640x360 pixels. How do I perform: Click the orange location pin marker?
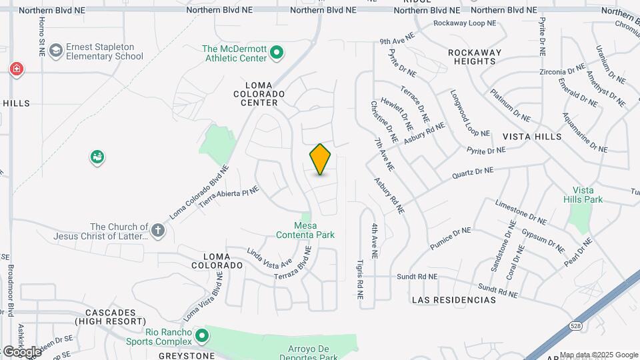(320, 159)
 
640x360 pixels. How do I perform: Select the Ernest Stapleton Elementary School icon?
(55, 50)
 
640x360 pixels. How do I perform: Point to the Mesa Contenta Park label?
(305, 230)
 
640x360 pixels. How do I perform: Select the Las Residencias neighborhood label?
(454, 300)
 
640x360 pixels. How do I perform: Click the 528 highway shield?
(575, 325)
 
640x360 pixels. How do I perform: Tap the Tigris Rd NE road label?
(359, 279)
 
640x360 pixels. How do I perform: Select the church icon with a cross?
(157, 231)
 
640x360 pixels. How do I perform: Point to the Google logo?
(21, 351)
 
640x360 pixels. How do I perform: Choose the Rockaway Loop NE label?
(465, 23)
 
